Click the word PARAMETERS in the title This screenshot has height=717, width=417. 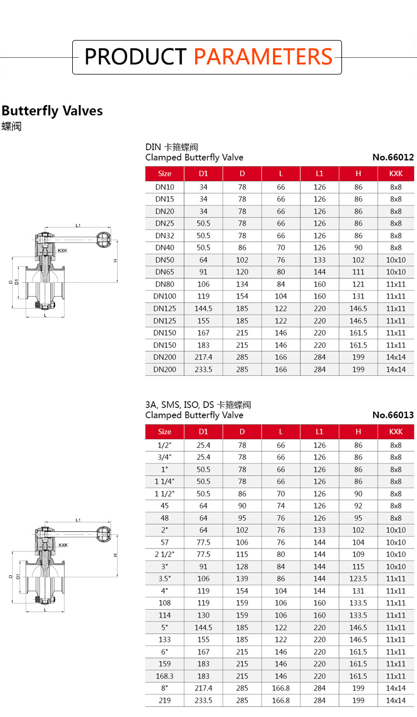(264, 57)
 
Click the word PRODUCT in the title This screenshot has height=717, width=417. (135, 57)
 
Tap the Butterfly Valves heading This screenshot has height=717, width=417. (52, 111)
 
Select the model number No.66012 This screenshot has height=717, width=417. (393, 157)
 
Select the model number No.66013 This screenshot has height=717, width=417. (393, 415)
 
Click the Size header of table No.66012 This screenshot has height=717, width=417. (165, 173)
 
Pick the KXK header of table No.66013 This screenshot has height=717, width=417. (396, 431)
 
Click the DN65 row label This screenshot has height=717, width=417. (165, 272)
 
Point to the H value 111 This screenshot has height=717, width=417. (358, 272)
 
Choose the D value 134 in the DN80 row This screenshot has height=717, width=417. (242, 284)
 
